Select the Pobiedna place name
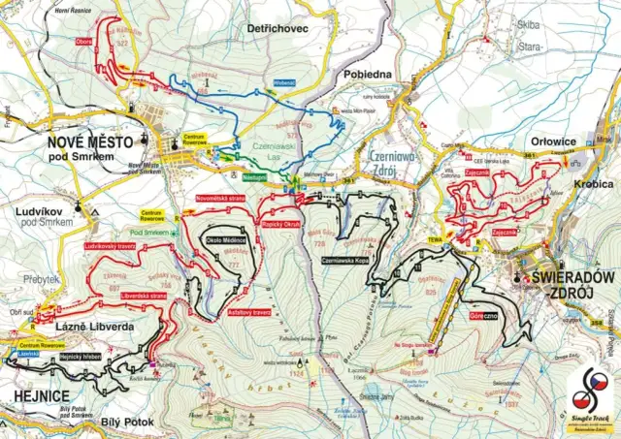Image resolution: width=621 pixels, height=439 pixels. pyautogui.click(x=364, y=74)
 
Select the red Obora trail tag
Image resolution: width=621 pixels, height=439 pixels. pyautogui.click(x=85, y=43)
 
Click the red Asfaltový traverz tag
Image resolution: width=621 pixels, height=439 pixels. pyautogui.click(x=248, y=312)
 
